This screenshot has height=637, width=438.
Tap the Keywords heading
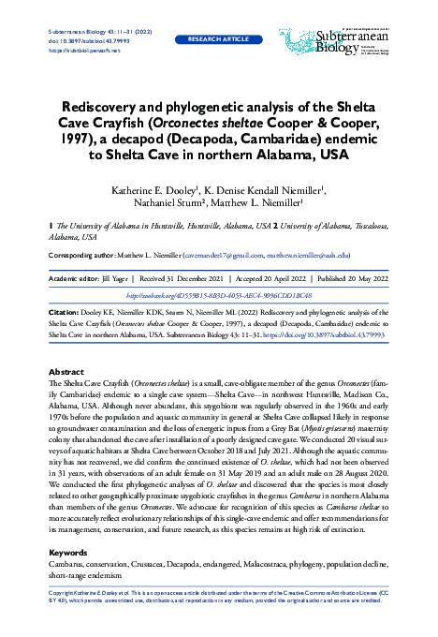[68, 554]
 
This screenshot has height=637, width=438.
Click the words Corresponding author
[85, 255]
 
